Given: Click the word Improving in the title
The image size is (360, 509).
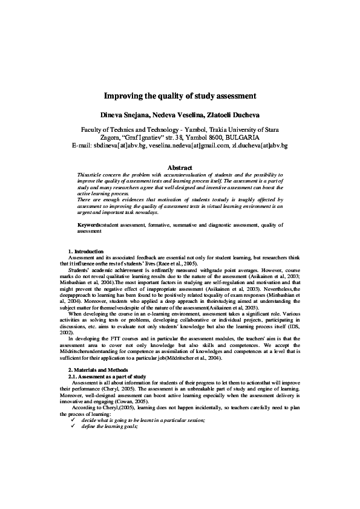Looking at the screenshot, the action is coord(124,96).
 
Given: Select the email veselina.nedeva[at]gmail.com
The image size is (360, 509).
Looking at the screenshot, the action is coord(187,146).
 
